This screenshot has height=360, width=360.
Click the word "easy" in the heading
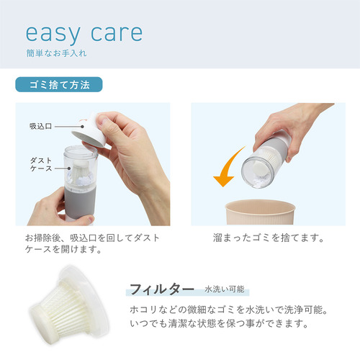pyautogui.click(x=53, y=34)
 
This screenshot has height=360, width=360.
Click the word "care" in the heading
pyautogui.click(x=117, y=33)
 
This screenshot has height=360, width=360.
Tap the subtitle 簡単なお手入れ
pyautogui.click(x=56, y=53)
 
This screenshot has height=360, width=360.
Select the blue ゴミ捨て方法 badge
pyautogui.click(x=59, y=84)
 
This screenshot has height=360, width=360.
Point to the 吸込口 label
pyautogui.click(x=40, y=126)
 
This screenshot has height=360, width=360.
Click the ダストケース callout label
pyautogui.click(x=41, y=164)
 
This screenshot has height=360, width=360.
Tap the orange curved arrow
pyautogui.click(x=227, y=168)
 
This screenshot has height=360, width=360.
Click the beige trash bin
pyautogui.click(x=260, y=212)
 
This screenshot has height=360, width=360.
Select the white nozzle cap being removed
pyautogui.click(x=89, y=132)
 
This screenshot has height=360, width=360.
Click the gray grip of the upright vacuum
pyautogui.click(x=80, y=202)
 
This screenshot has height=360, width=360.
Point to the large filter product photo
pyautogui.click(x=70, y=305)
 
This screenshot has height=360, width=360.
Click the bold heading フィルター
pyautogui.click(x=162, y=289)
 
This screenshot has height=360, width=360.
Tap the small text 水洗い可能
pyautogui.click(x=225, y=289)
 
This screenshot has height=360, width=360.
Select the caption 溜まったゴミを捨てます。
pyautogui.click(x=269, y=238)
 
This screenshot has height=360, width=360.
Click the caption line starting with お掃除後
pyautogui.click(x=92, y=238)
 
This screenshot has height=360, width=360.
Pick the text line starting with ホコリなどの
pyautogui.click(x=229, y=310)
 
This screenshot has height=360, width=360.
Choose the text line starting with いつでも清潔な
pyautogui.click(x=219, y=323)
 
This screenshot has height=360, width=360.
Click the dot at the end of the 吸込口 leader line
pyautogui.click(x=82, y=127)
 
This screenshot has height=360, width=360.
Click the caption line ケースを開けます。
pyautogui.click(x=63, y=249)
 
